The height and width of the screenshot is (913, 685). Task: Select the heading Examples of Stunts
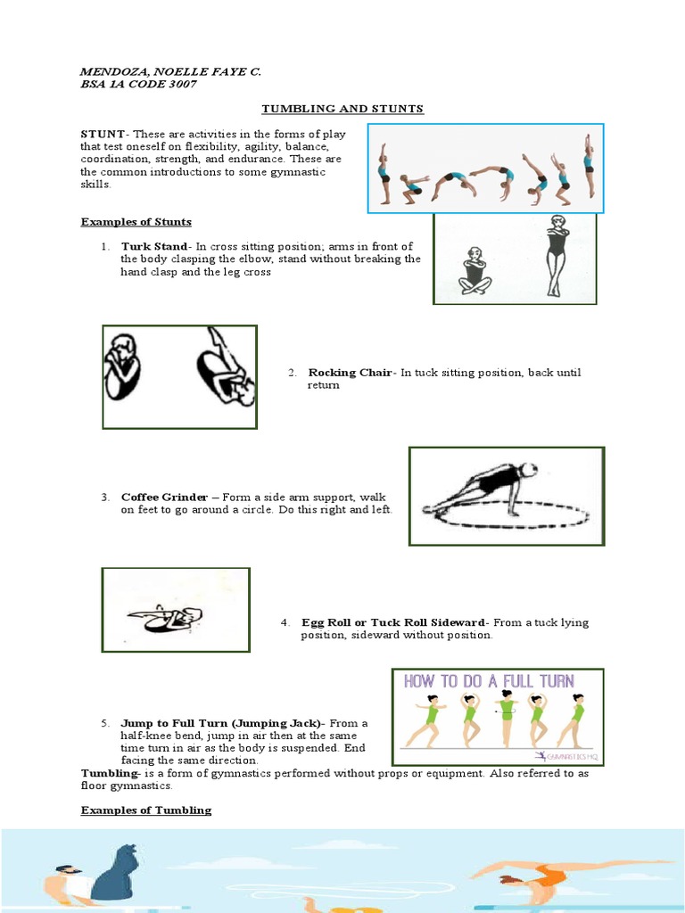[x=136, y=221]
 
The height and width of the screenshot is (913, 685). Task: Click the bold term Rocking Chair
[x=350, y=373]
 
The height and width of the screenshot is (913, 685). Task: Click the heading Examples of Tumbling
[x=146, y=810]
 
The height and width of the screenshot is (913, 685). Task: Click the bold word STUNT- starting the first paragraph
[x=103, y=134]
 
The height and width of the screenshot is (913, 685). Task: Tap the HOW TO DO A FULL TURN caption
[x=490, y=681]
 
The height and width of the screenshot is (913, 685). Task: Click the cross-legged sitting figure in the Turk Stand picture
[x=475, y=271]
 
